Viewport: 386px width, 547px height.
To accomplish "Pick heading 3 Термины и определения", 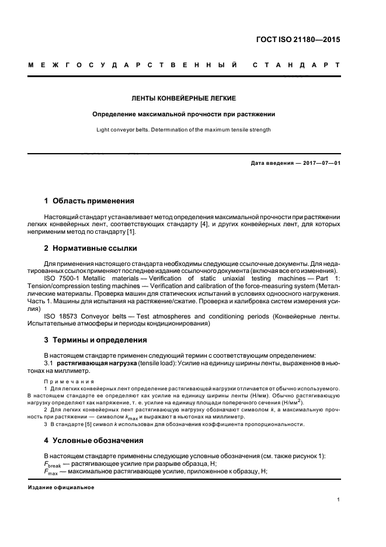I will click(x=96, y=340).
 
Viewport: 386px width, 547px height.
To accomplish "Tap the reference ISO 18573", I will click(x=61, y=316).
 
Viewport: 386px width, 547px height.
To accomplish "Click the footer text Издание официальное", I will click(x=61, y=487).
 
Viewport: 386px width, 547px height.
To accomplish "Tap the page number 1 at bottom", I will click(x=339, y=499).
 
